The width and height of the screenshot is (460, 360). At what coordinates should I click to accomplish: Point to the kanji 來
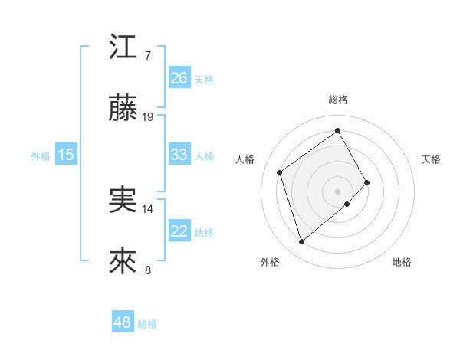tap(123, 261)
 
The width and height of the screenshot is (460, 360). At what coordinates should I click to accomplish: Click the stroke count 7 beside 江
tap(147, 56)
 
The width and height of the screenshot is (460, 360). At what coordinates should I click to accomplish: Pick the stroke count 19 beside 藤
tap(148, 117)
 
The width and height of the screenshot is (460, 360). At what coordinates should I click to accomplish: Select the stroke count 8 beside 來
tap(147, 270)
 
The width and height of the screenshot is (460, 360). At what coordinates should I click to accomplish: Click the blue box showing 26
tap(179, 78)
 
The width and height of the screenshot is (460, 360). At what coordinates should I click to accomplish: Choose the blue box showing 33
tap(179, 155)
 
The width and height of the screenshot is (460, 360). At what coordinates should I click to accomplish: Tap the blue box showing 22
tap(179, 231)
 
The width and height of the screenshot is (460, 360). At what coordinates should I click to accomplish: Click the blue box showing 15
tap(66, 155)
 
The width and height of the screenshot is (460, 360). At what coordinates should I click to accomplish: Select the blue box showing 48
tap(122, 322)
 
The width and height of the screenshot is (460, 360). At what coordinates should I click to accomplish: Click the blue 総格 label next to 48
tap(147, 324)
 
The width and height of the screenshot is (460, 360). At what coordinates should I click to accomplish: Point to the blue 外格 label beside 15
tap(41, 155)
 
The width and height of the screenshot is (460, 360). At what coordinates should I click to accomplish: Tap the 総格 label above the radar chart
tap(338, 100)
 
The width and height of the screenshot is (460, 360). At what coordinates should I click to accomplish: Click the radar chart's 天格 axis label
tap(432, 159)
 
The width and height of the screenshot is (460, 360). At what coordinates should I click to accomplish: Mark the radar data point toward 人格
tap(280, 172)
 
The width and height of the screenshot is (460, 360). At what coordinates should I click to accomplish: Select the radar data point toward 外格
tap(302, 242)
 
